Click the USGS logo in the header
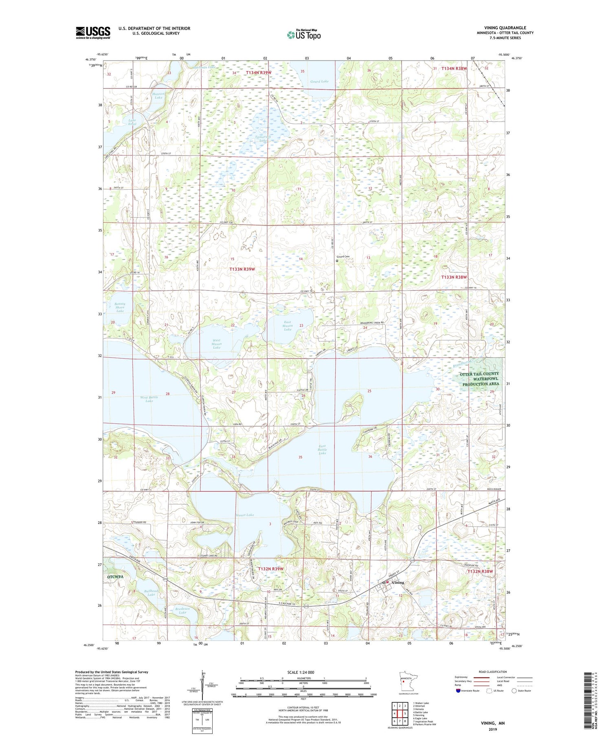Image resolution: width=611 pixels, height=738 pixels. (93, 33)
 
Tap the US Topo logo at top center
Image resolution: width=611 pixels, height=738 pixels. (304, 35)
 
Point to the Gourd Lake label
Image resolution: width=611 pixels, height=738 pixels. (319, 81)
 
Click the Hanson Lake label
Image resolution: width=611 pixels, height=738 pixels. (158, 96)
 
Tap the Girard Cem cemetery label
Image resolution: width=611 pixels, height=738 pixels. (343, 256)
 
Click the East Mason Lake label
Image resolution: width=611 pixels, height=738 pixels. (288, 326)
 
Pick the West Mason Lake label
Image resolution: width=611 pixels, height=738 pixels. (216, 344)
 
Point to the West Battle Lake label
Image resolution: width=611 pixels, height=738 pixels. (149, 399)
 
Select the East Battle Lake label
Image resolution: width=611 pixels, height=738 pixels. (322, 450)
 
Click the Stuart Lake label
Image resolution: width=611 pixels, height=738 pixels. (244, 515)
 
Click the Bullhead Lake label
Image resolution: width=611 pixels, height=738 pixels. (151, 592)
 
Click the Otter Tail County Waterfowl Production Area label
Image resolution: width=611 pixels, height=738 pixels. (479, 379)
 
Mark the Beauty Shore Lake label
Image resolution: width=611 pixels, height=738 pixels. (120, 307)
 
